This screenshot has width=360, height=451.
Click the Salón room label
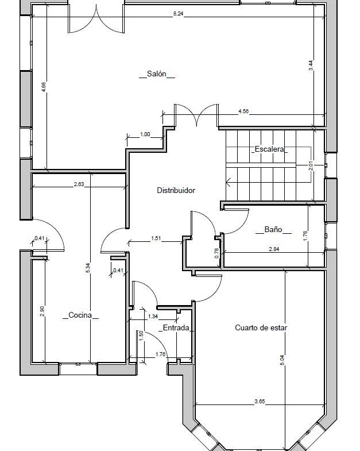[x=157, y=74]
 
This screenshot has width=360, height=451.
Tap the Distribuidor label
[x=176, y=190]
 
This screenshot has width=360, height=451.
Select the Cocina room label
[x=80, y=315]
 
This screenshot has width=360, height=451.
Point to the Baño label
[x=273, y=229]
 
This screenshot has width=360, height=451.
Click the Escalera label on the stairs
[x=269, y=149]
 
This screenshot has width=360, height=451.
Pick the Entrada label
[x=176, y=327]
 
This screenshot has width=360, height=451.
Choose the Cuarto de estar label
[x=261, y=327]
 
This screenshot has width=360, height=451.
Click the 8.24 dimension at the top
[x=178, y=14]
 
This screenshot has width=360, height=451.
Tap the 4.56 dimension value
[x=243, y=111]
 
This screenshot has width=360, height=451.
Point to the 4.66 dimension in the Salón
[x=44, y=87]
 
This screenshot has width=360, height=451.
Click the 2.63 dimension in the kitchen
[x=79, y=184]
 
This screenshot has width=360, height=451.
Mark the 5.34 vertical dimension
[x=88, y=268]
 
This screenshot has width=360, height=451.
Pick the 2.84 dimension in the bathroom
[x=274, y=249]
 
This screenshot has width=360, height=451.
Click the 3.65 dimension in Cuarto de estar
[x=260, y=401]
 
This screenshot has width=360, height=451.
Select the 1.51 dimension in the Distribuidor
[x=156, y=238]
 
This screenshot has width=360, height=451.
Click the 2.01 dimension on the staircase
[x=311, y=166]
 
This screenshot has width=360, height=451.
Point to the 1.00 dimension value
[x=145, y=134]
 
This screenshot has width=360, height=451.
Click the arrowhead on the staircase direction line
[x=229, y=182]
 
